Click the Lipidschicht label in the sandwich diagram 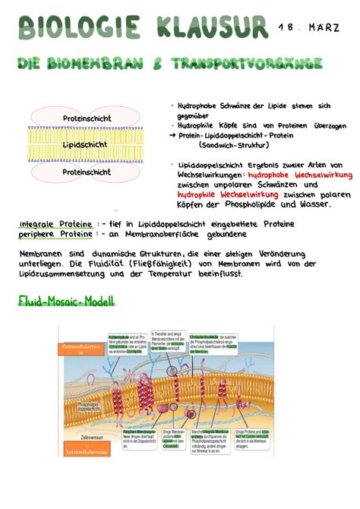tap(86, 144)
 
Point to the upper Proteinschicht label tap(87, 119)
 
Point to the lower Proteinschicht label tap(86, 172)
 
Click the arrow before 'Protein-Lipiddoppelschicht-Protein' tap(173, 136)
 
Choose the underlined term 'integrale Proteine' tap(57, 224)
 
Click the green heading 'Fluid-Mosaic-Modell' tap(67, 302)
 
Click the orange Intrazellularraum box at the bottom tap(86, 451)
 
